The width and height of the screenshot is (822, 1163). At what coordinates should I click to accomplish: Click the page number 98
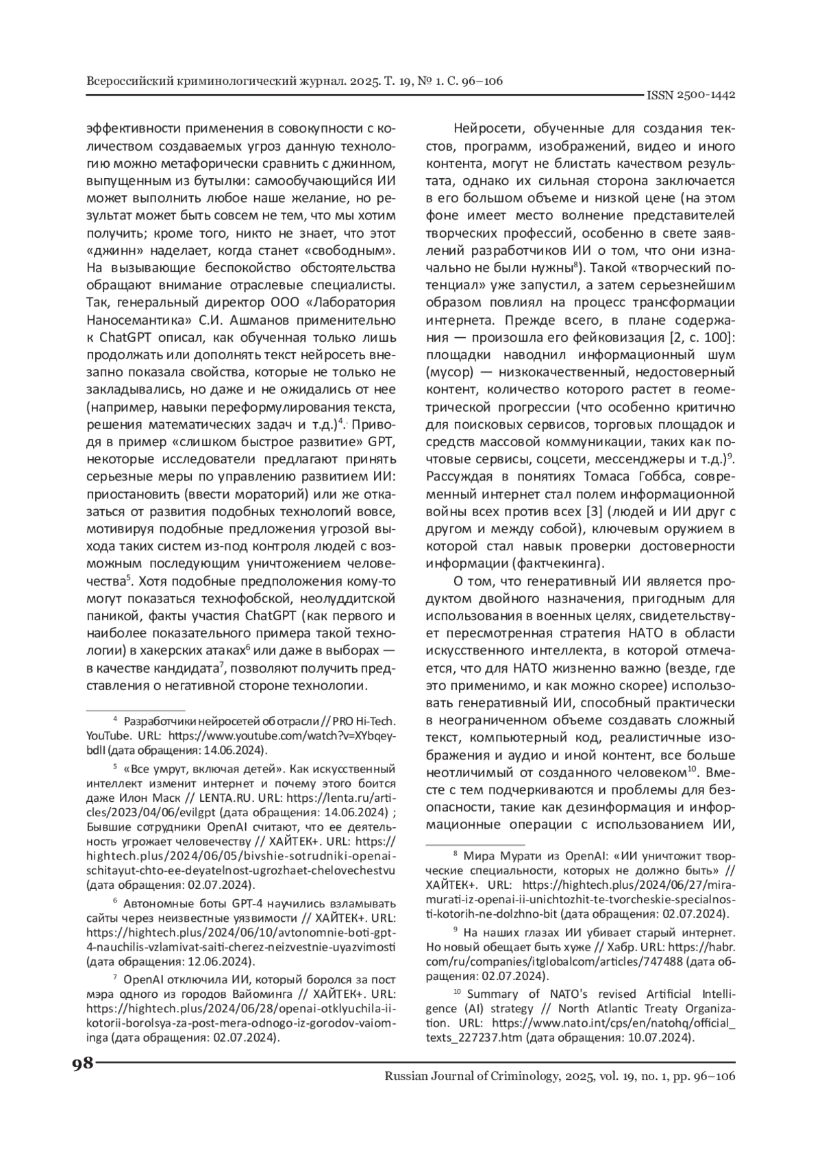(82, 1064)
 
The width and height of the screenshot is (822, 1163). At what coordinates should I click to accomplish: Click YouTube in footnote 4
(107, 735)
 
